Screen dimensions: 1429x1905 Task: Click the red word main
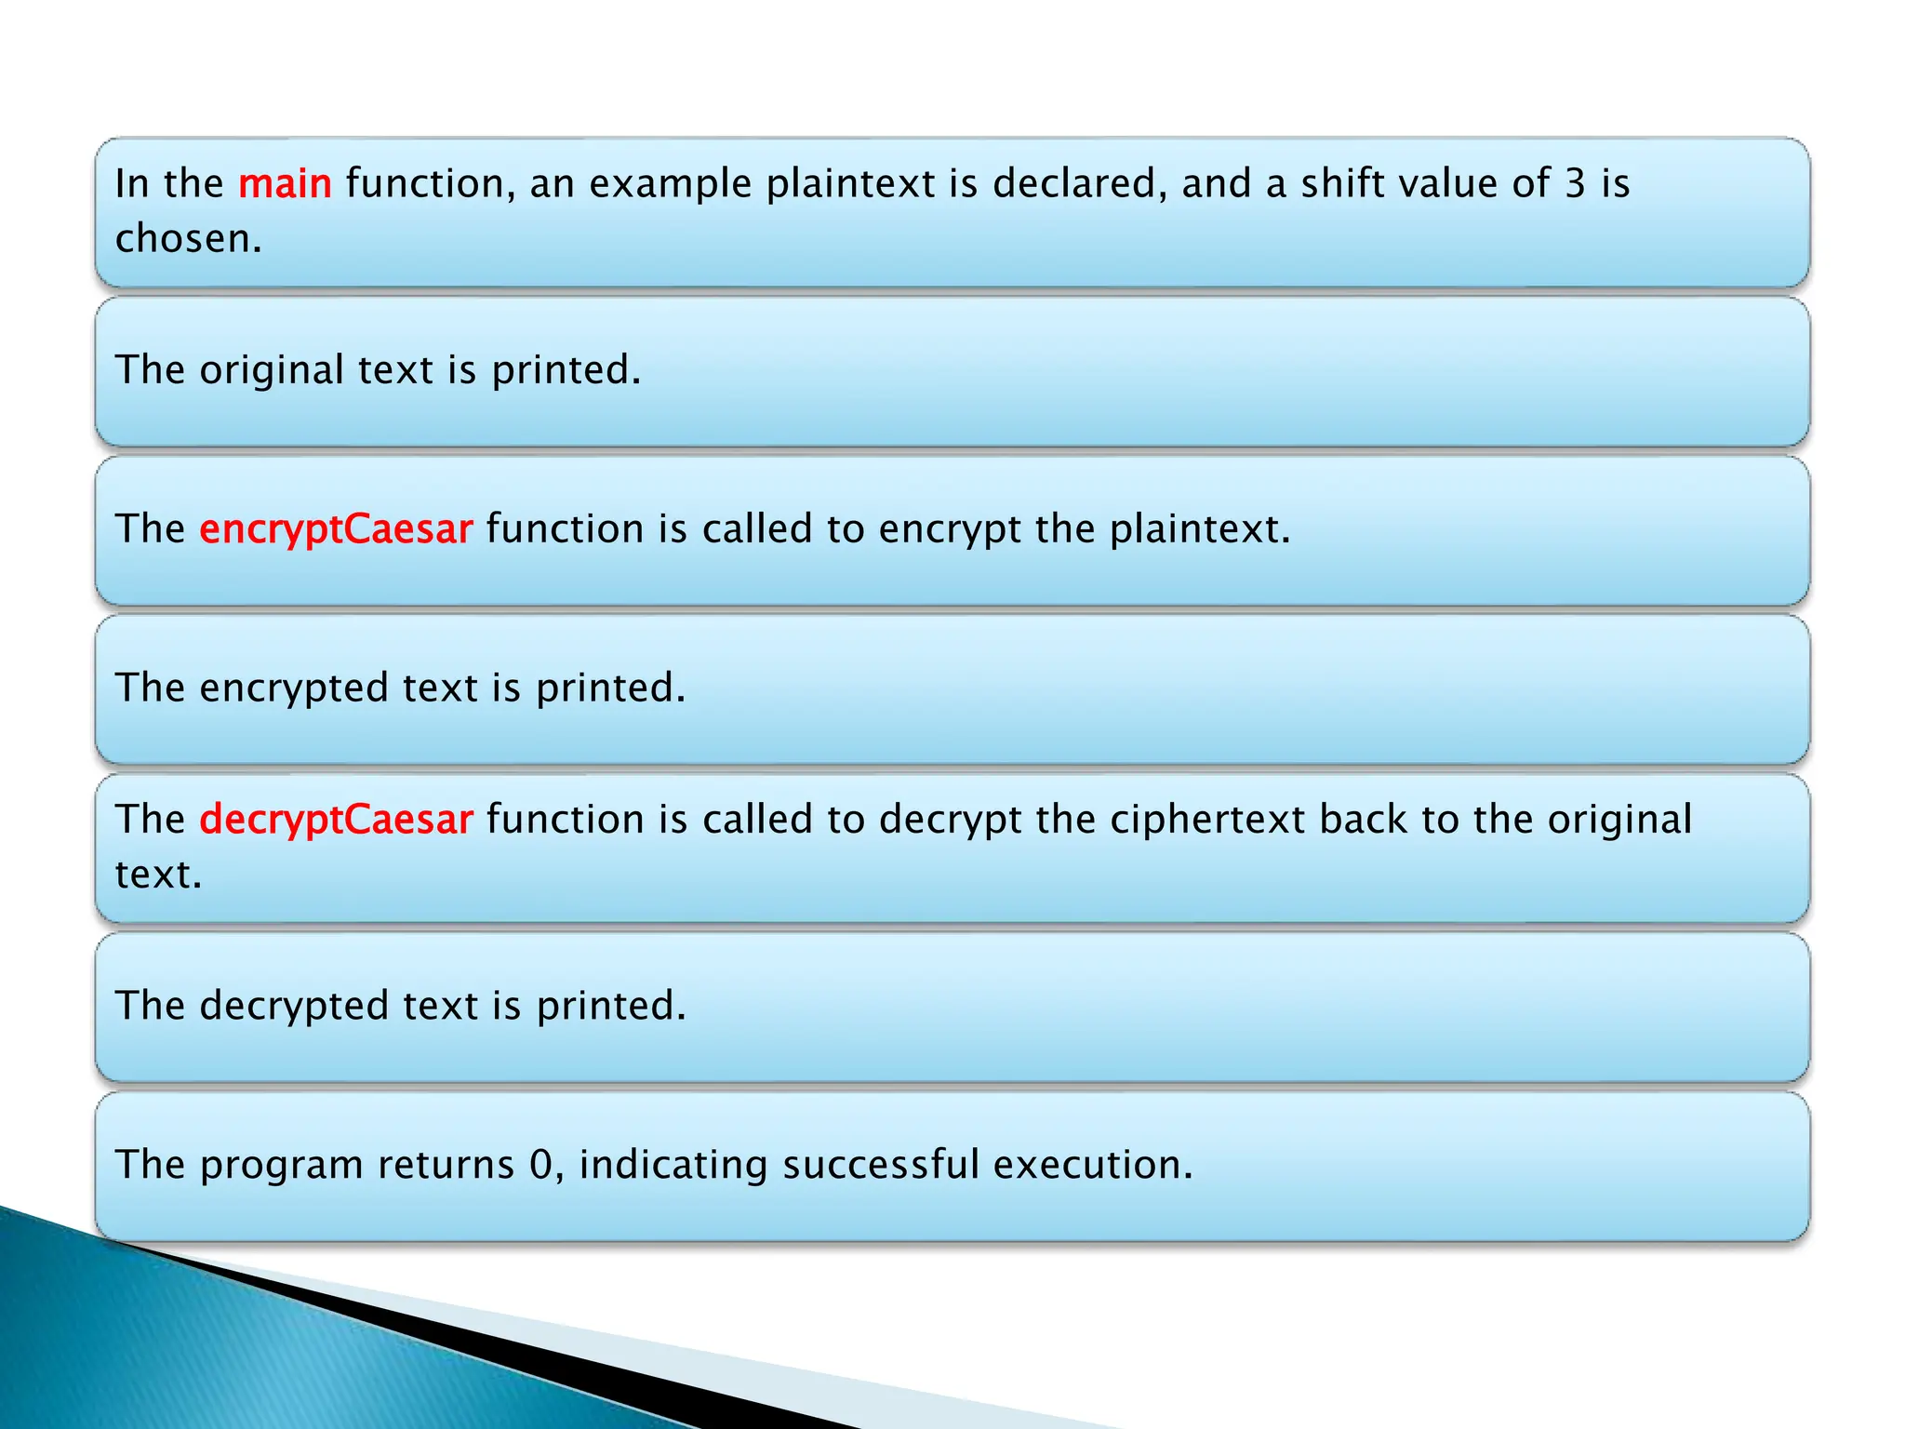pyautogui.click(x=285, y=183)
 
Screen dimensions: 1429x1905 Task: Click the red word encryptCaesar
pyautogui.click(x=336, y=528)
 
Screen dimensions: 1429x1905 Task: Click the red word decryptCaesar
pyautogui.click(x=336, y=819)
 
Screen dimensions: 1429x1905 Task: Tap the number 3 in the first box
pyautogui.click(x=1574, y=183)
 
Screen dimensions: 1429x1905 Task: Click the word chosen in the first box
pyautogui.click(x=186, y=238)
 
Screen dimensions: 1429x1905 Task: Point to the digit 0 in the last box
pyautogui.click(x=540, y=1165)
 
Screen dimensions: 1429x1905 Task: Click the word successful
pyautogui.click(x=880, y=1165)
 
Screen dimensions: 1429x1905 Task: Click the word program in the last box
pyautogui.click(x=280, y=1165)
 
